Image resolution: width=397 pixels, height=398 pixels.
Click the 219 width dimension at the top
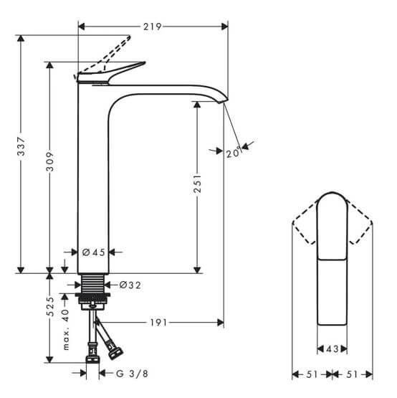[151, 27]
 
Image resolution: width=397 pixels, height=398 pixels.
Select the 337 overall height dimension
[21, 148]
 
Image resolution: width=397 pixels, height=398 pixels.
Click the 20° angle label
[234, 152]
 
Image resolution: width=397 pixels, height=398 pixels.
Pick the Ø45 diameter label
[94, 252]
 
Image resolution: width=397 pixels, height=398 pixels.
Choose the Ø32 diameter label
[130, 285]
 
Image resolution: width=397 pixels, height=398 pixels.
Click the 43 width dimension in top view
[332, 349]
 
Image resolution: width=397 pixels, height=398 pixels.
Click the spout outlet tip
[224, 102]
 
